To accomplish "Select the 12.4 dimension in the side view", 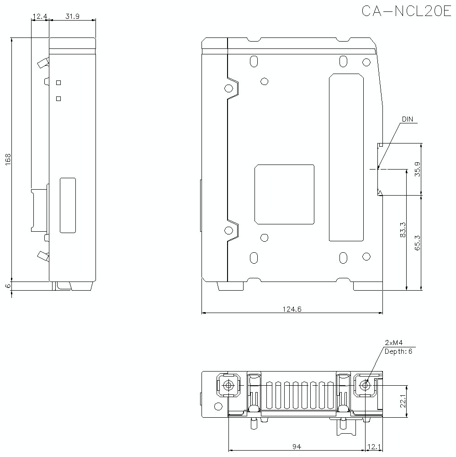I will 40,16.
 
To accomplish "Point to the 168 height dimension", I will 8,159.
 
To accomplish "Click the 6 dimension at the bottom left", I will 8,286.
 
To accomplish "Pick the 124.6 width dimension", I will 292,309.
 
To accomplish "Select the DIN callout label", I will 407,119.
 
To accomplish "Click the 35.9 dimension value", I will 417,169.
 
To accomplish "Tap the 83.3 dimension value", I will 402,230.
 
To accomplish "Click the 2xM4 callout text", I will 393,343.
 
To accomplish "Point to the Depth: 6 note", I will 398,351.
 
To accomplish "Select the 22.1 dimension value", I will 403,401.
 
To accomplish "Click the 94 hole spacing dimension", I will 296,446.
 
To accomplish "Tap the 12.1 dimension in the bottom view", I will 373,446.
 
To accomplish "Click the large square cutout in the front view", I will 284,194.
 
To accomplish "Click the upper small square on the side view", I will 58,82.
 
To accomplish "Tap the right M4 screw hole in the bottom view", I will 364,385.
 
